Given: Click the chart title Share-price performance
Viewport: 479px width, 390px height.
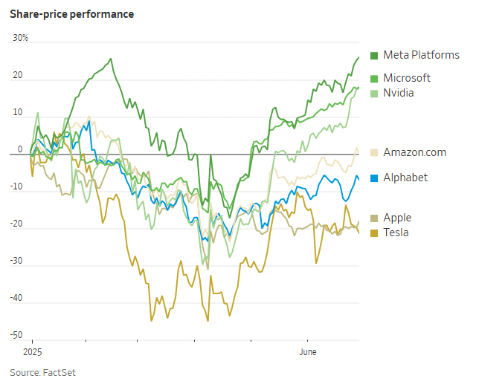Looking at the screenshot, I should point(71,14).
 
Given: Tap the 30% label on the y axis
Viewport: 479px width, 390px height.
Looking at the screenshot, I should point(20,37).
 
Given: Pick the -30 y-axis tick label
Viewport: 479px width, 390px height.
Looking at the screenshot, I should point(15,261).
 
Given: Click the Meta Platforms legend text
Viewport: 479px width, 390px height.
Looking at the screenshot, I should point(421,55).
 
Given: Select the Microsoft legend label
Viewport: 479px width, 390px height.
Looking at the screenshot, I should point(407,78).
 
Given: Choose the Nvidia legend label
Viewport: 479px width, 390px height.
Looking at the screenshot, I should point(399,93).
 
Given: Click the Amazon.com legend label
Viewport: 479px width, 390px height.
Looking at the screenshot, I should point(415,152).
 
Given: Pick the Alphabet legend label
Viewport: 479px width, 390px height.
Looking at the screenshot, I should point(405,178).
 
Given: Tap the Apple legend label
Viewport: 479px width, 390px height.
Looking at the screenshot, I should point(397,218).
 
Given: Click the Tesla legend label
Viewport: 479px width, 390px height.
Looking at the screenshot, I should point(396,233).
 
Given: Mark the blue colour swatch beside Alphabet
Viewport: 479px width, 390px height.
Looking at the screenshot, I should point(374,178).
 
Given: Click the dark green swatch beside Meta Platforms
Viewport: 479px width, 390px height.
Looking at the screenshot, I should point(374,55).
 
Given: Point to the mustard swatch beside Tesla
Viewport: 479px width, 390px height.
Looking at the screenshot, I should point(374,233).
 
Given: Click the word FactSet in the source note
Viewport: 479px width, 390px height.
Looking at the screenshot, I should point(60,372).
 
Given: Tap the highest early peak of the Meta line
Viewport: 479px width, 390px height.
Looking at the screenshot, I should point(111,59).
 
